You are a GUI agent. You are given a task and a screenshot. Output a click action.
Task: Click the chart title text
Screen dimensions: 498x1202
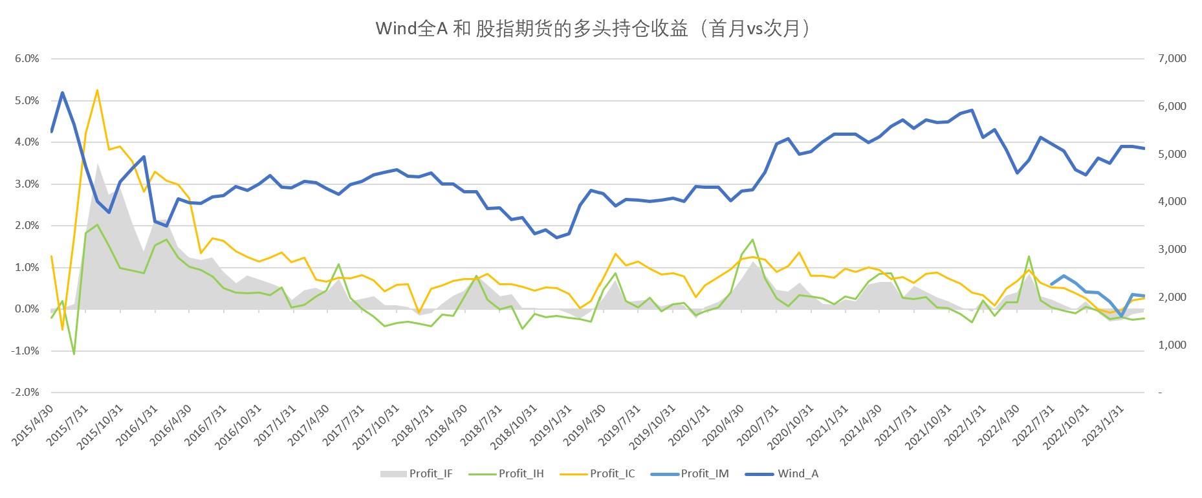pos(594,29)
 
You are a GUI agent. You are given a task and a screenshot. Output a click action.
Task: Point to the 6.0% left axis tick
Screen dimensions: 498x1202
pos(27,59)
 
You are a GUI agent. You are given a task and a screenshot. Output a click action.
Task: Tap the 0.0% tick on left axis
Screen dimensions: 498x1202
pos(27,309)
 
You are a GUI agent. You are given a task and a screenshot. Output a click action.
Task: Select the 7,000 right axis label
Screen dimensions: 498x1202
pos(1172,59)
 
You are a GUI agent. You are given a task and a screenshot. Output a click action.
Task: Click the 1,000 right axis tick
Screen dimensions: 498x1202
pos(1172,345)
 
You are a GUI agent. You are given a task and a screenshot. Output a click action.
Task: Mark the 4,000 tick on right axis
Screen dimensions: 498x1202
pos(1172,202)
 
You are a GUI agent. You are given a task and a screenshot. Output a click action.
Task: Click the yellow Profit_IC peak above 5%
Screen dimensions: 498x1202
pos(97,91)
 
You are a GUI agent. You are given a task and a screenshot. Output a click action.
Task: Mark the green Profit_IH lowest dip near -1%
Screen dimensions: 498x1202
pos(74,354)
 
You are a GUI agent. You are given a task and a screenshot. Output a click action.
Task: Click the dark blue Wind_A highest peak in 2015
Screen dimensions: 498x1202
pos(63,92)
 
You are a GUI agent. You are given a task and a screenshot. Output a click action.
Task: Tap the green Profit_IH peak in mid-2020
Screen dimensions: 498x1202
pos(753,240)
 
